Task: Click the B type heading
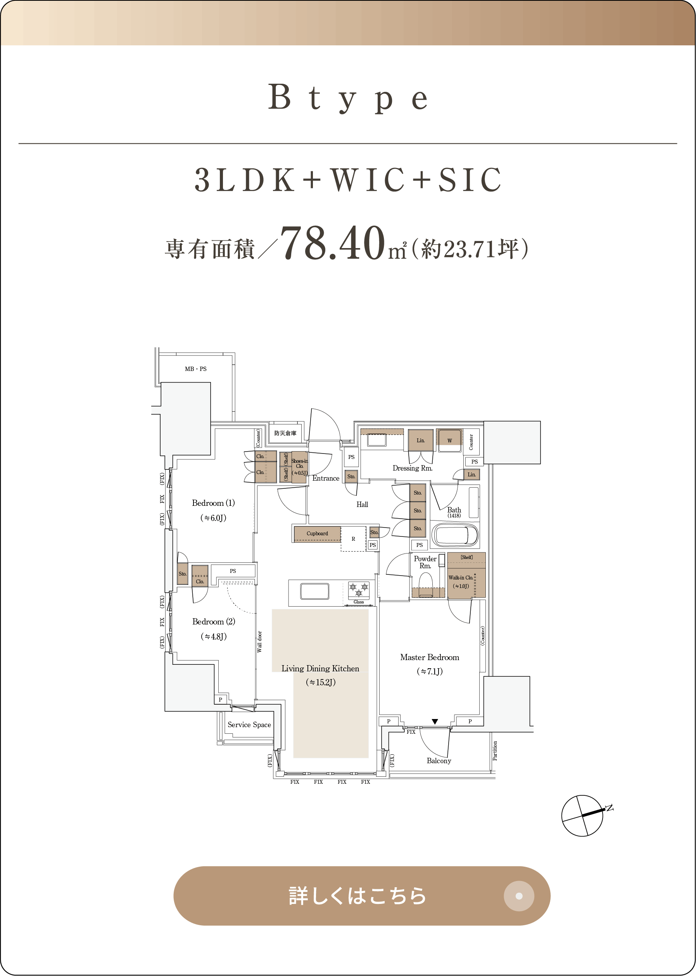point(347,98)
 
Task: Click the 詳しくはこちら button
point(362,895)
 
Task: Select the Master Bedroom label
point(430,657)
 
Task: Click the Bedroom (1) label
point(213,503)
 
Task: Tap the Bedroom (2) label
point(213,622)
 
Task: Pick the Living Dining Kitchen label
point(320,668)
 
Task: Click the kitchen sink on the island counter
point(314,591)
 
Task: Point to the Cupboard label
point(317,533)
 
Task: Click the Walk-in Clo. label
point(461,578)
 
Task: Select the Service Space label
point(249,724)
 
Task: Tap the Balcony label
point(439,760)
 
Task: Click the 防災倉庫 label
point(285,433)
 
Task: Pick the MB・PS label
point(195,369)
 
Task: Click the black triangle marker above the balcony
point(435,721)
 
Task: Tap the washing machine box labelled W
point(449,440)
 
